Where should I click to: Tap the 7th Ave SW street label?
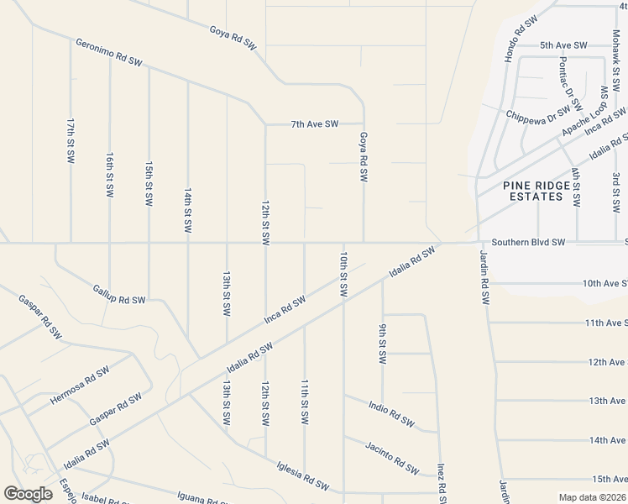(x=315, y=124)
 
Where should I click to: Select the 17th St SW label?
(x=71, y=140)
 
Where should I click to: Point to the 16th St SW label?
(x=110, y=175)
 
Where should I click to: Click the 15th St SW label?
(x=149, y=185)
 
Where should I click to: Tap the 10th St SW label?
(x=343, y=273)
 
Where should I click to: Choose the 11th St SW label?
(x=305, y=401)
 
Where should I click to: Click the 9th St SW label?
(x=382, y=344)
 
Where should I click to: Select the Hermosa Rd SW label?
(x=80, y=386)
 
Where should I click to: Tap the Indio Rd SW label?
(x=391, y=413)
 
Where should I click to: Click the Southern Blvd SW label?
(x=529, y=242)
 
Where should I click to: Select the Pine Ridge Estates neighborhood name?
(x=533, y=191)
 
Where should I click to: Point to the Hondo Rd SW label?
(x=521, y=39)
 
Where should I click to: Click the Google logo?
(x=28, y=493)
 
